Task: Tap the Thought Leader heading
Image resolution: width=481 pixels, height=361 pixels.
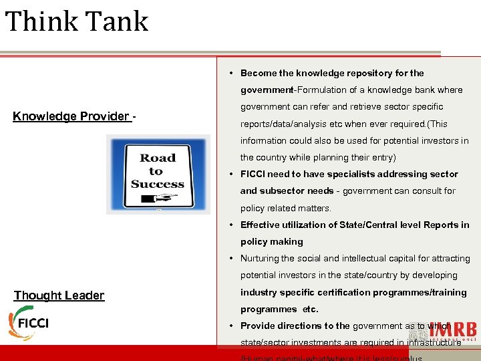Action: [59, 295]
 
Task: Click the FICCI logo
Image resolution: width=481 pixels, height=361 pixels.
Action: [29, 322]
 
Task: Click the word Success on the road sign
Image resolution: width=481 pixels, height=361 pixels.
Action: [158, 184]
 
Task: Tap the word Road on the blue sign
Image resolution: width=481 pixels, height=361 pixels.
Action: [158, 158]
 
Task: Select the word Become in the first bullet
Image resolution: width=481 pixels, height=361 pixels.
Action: [259, 73]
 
